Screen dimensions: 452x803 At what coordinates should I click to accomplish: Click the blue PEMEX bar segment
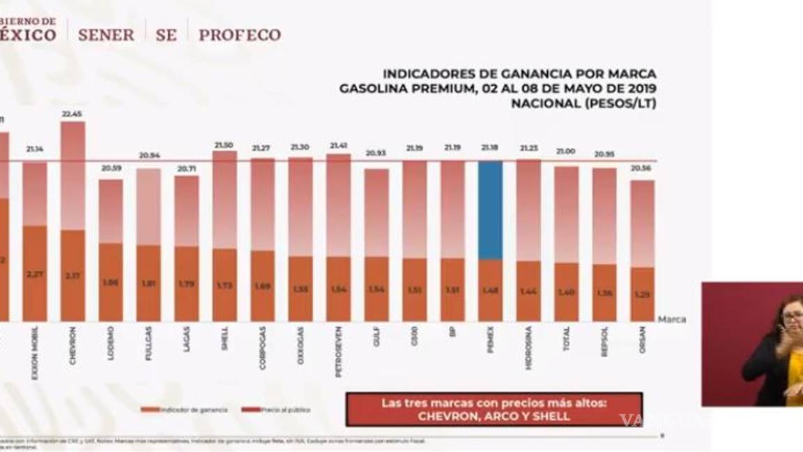click(490, 210)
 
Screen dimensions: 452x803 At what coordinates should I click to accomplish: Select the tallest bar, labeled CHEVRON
click(72, 221)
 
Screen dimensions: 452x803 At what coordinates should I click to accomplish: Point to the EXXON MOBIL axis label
click(35, 352)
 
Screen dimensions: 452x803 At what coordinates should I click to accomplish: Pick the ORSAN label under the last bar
click(642, 339)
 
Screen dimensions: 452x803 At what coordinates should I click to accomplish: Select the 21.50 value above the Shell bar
click(224, 144)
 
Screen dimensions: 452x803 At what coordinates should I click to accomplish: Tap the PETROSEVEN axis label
click(338, 352)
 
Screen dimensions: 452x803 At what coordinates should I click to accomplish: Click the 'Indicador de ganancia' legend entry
click(184, 410)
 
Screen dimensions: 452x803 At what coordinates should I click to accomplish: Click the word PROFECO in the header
click(240, 35)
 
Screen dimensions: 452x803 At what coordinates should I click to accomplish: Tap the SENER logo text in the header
click(106, 35)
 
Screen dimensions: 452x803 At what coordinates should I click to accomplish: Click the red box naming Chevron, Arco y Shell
click(494, 409)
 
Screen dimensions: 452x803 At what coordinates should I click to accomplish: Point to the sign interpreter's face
click(792, 317)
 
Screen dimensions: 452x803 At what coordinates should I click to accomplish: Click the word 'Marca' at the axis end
click(671, 319)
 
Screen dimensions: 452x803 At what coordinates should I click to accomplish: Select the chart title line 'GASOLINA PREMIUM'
click(498, 88)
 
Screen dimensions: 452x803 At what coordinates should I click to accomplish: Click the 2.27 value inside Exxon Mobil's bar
click(35, 274)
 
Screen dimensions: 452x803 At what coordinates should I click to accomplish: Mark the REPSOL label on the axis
click(604, 341)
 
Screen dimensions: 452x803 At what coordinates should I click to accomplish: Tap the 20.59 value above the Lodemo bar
click(111, 168)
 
